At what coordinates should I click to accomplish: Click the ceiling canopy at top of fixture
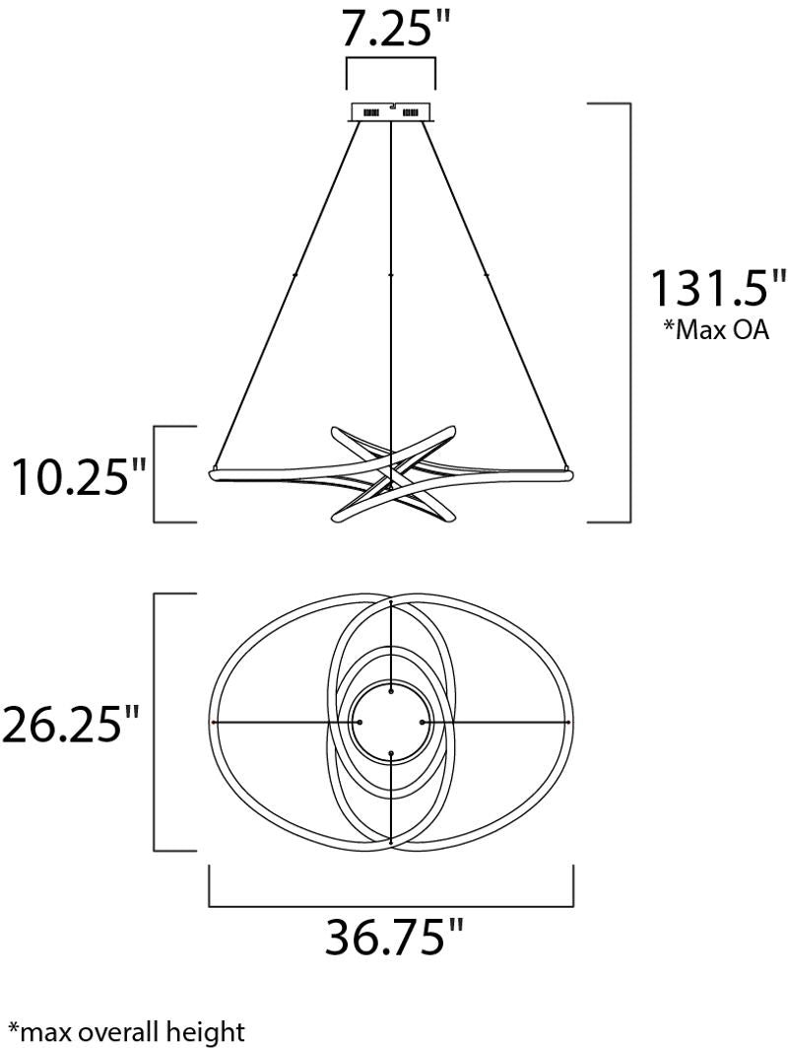click(x=392, y=111)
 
